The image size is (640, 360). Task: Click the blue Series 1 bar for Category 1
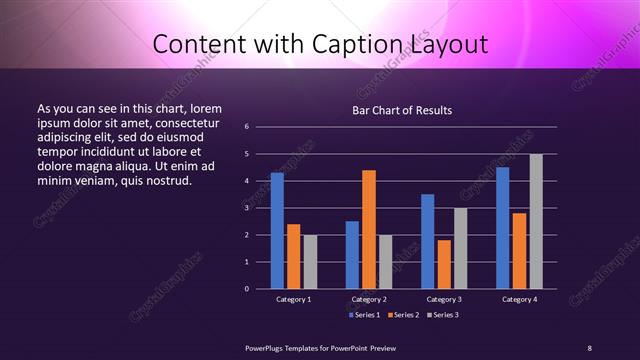pyautogui.click(x=277, y=230)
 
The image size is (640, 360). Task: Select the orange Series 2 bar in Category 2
pyautogui.click(x=369, y=229)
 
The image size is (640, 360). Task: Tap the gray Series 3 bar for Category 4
pyautogui.click(x=536, y=221)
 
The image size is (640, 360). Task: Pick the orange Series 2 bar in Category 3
pyautogui.click(x=444, y=264)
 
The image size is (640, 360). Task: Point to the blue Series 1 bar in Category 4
pyautogui.click(x=503, y=228)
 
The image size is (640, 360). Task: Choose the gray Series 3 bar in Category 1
pyautogui.click(x=310, y=261)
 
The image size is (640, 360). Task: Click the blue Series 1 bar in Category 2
pyautogui.click(x=352, y=255)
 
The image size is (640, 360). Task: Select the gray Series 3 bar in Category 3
pyautogui.click(x=461, y=248)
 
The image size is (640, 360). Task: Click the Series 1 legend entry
pyautogui.click(x=363, y=315)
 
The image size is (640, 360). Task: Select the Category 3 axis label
pyautogui.click(x=444, y=299)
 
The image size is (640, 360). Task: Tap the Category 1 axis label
pyautogui.click(x=294, y=299)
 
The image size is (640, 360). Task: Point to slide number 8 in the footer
pyautogui.click(x=589, y=347)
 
